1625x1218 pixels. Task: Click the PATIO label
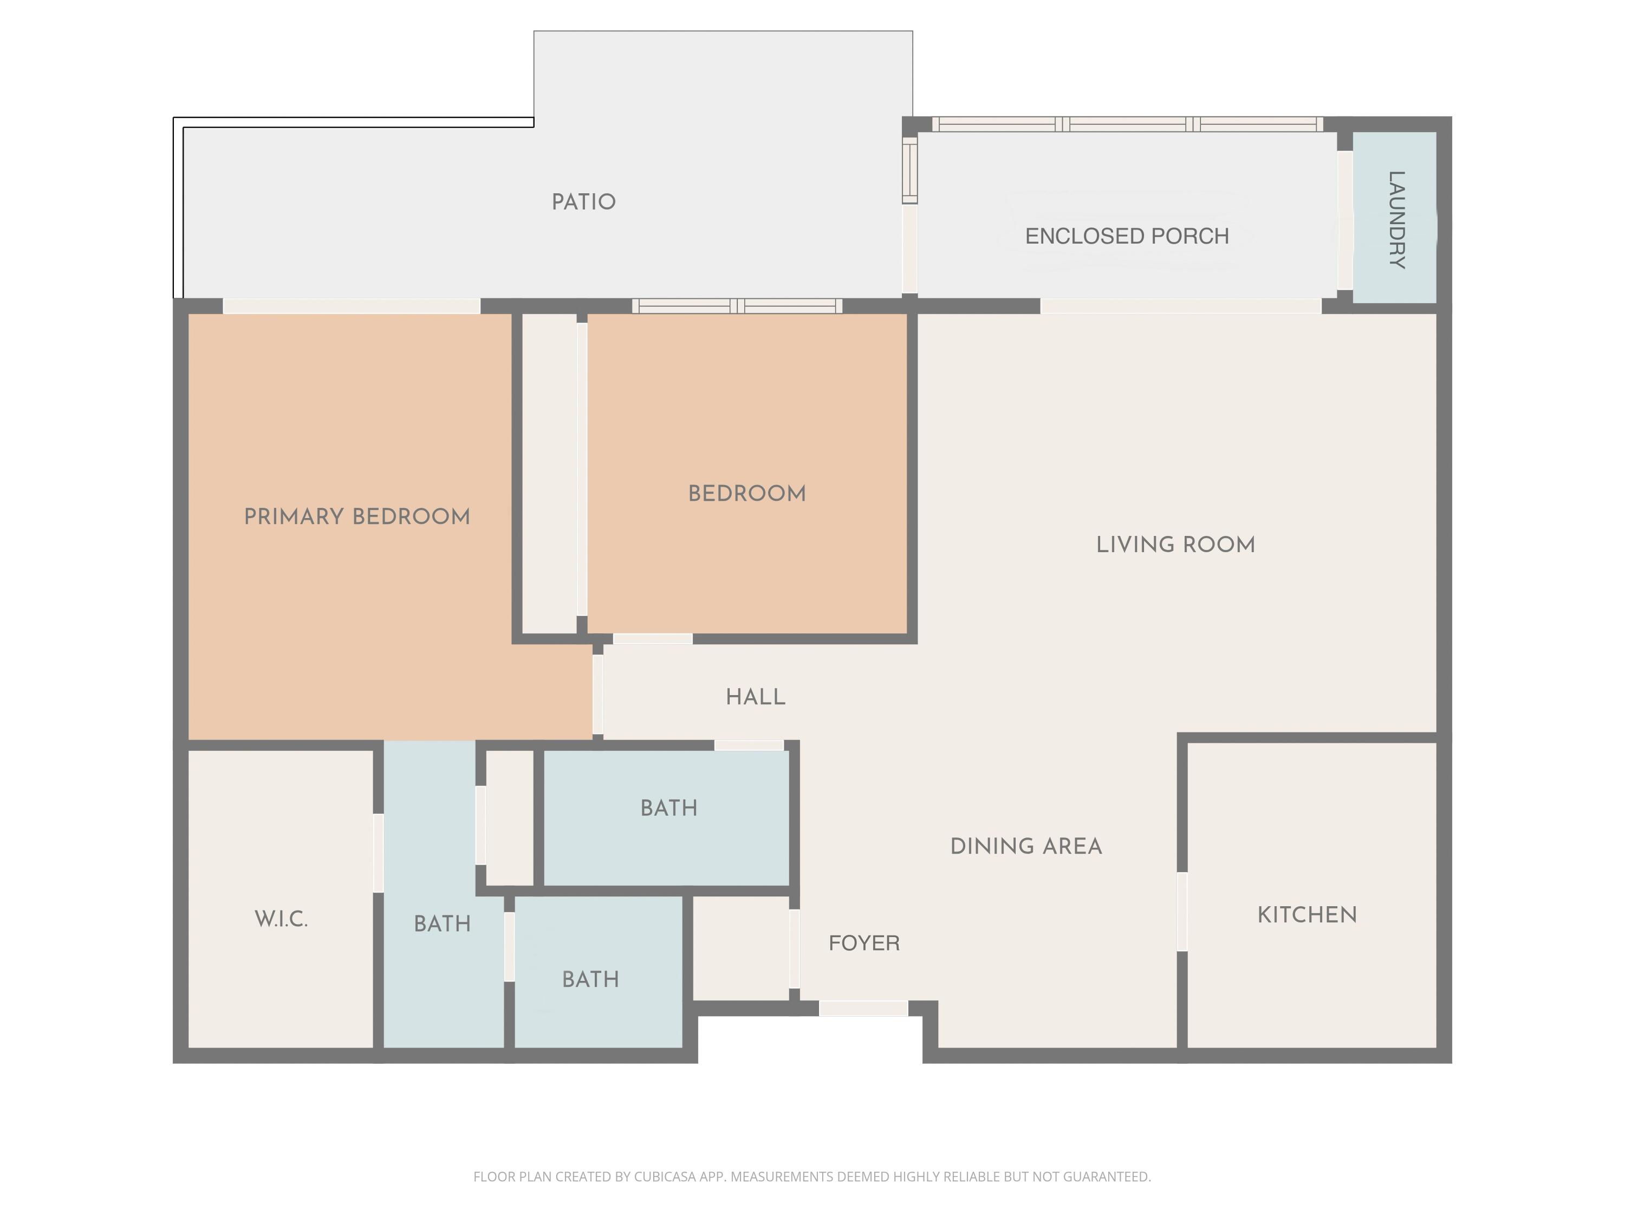coord(583,202)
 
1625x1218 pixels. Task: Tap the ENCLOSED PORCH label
coord(1126,235)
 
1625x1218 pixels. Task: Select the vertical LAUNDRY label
coord(1396,220)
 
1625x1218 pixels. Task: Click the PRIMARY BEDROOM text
coord(357,517)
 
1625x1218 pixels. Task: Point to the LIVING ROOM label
coord(1175,545)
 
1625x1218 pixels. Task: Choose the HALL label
coord(755,697)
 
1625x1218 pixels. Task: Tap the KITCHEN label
coord(1307,915)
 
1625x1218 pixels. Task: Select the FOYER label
coord(864,942)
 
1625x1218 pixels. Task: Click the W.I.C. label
coord(281,919)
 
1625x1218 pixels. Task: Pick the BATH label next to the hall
coord(668,808)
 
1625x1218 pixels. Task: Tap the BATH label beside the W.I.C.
coord(442,924)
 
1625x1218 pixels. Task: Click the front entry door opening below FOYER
coord(863,1009)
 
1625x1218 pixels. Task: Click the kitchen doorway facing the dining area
coord(1182,911)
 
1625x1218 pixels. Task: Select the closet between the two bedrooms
coord(549,474)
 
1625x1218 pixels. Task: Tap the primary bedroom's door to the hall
coord(598,694)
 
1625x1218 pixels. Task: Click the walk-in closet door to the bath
coord(378,853)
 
